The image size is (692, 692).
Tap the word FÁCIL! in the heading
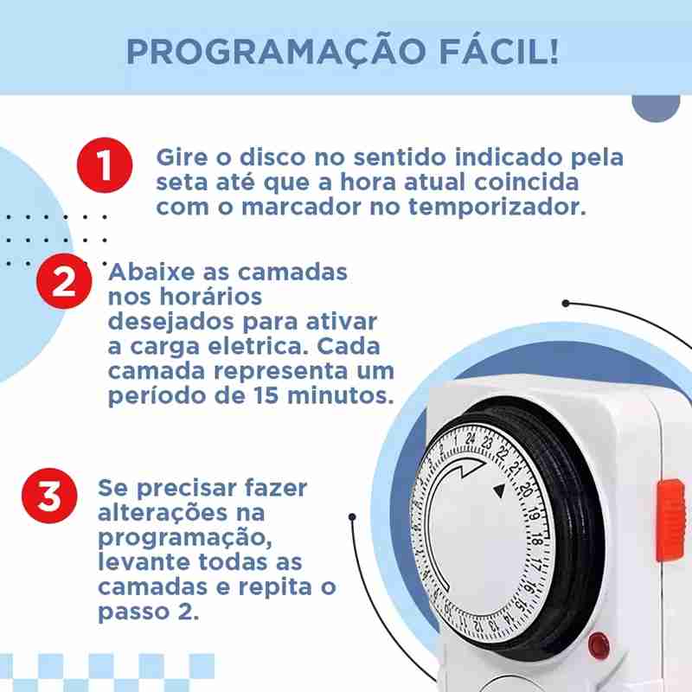[x=499, y=51]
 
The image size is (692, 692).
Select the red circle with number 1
[x=105, y=165]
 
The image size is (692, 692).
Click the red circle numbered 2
[x=64, y=281]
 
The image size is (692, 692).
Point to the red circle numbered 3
[x=49, y=496]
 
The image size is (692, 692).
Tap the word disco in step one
[x=272, y=157]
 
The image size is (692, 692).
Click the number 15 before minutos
[x=266, y=395]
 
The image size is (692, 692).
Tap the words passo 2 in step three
[x=148, y=612]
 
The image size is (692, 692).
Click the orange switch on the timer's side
[x=671, y=520]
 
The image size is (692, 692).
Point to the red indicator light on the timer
[x=599, y=645]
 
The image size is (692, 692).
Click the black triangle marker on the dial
[x=499, y=490]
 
